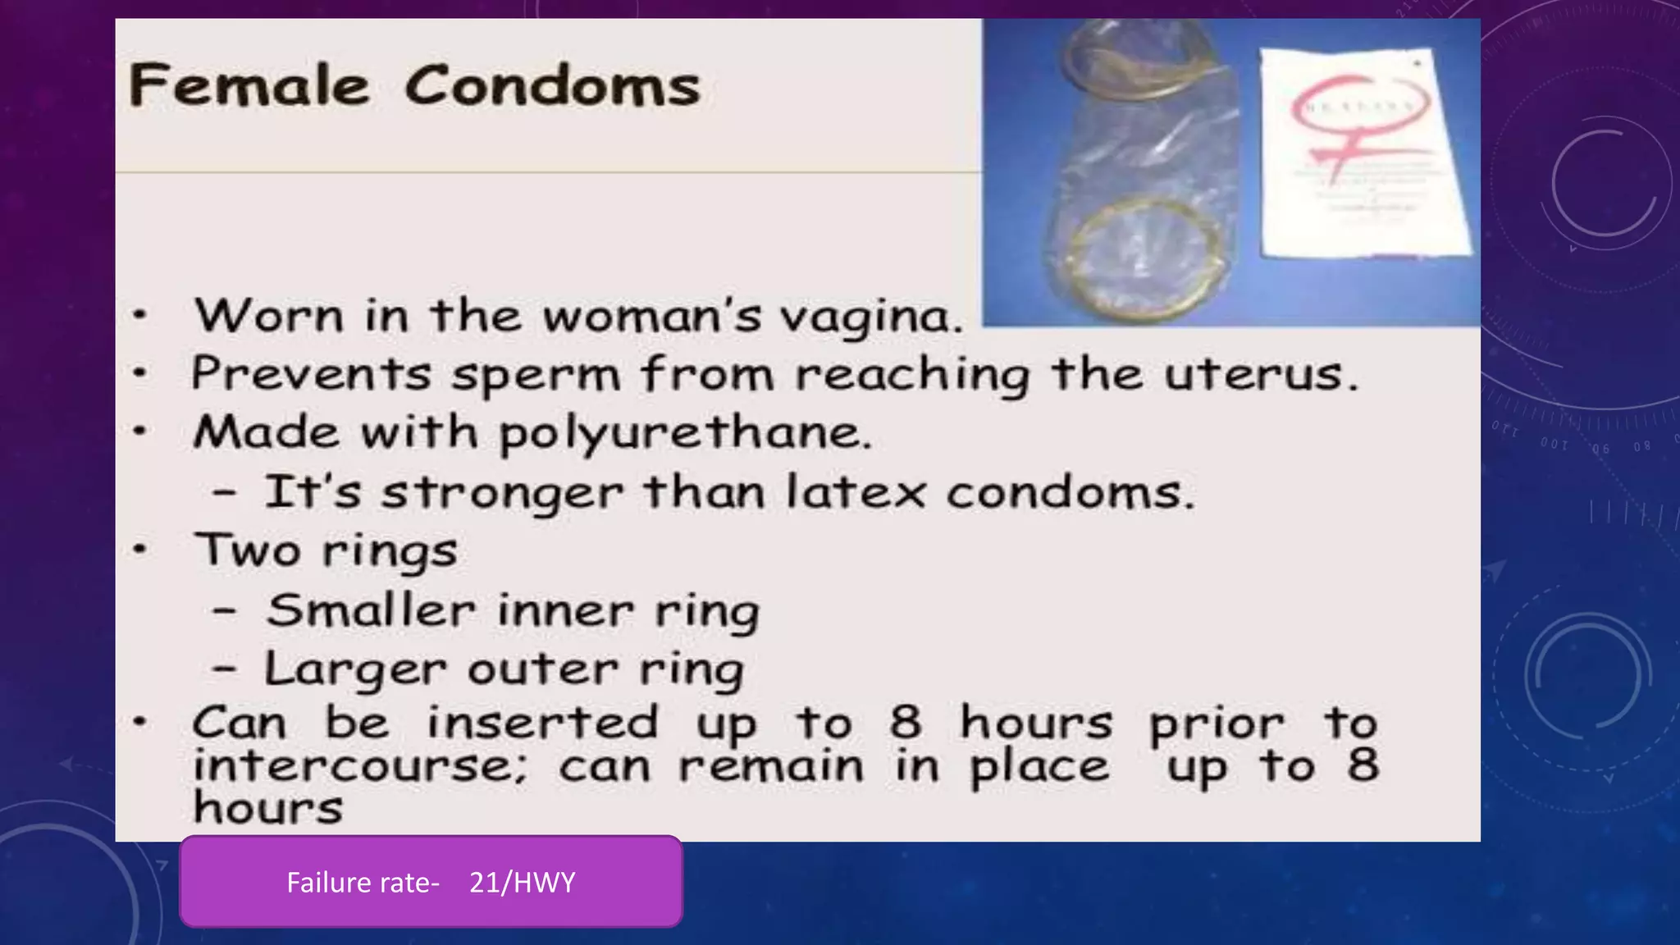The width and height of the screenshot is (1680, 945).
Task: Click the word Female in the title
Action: (249, 85)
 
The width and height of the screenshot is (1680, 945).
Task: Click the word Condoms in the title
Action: (552, 85)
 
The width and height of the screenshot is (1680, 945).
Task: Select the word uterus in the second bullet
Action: (1260, 374)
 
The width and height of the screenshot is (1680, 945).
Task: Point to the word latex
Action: (856, 492)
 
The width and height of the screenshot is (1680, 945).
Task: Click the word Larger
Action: (355, 669)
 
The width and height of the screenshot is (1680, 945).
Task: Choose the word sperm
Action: (536, 376)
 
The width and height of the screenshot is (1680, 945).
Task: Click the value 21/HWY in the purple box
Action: (522, 883)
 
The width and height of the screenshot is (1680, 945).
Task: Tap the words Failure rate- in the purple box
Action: (363, 883)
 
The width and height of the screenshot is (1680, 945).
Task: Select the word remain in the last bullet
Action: (771, 766)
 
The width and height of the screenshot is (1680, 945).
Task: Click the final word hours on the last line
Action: (267, 808)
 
